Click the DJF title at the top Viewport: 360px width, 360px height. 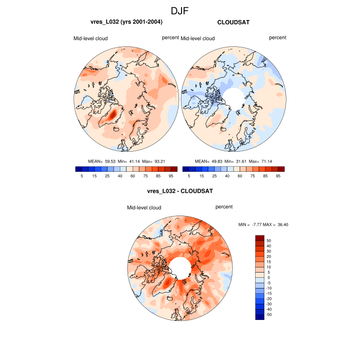click(180, 10)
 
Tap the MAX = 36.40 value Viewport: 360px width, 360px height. click(276, 225)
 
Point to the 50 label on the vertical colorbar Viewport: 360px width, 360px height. click(268, 241)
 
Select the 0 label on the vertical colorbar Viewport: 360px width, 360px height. click(268, 277)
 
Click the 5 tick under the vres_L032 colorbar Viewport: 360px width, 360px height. click(82, 176)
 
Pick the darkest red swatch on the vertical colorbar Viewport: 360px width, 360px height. click(260, 238)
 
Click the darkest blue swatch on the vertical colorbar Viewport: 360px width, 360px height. click(260, 317)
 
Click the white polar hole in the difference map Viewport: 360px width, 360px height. click(179, 267)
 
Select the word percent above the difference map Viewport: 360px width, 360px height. click(224, 207)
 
